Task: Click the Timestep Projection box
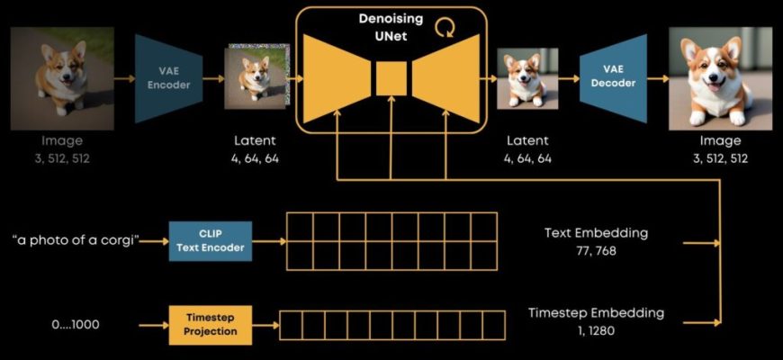point(211,325)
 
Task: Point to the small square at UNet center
point(391,77)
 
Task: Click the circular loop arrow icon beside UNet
point(444,29)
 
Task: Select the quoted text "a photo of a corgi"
point(76,240)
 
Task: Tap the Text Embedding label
point(596,233)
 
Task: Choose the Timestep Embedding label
point(596,312)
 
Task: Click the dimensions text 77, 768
point(596,251)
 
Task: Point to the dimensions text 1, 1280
point(596,330)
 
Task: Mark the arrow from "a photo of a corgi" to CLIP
point(155,240)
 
